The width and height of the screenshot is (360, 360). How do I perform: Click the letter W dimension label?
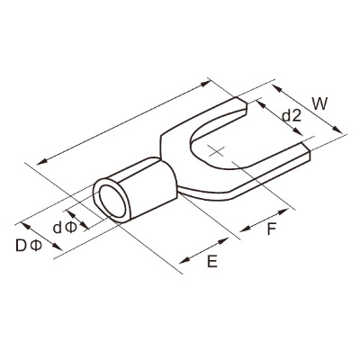pyautogui.click(x=319, y=103)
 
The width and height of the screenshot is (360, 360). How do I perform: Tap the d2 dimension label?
pyautogui.click(x=292, y=115)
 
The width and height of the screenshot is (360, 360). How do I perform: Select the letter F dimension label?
pyautogui.click(x=272, y=229)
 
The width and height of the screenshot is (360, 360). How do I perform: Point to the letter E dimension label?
pyautogui.click(x=212, y=261)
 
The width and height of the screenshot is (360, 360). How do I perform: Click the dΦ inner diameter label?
pyautogui.click(x=65, y=228)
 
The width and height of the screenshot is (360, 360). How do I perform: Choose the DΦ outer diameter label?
pyautogui.click(x=30, y=246)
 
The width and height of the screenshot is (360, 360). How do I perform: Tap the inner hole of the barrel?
pyautogui.click(x=112, y=202)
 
